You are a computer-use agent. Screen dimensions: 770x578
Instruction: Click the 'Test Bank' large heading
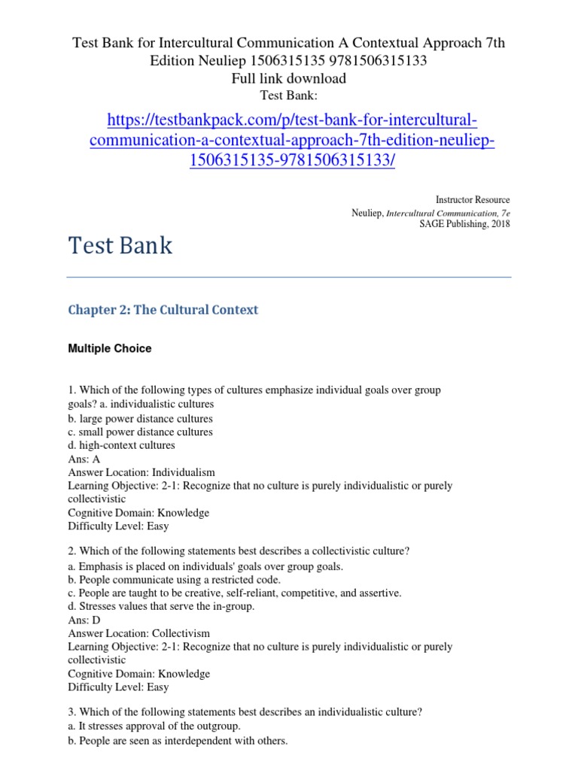point(120,246)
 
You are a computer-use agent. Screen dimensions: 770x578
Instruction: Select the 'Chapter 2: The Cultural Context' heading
point(163,310)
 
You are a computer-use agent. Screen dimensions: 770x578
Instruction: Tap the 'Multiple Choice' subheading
point(109,348)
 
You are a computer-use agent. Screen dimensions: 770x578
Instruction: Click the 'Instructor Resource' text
point(473,200)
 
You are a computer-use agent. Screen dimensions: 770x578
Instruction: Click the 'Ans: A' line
point(84,459)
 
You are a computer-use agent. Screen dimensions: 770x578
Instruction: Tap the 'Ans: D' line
point(84,620)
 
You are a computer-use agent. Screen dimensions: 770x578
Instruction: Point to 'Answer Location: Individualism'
point(141,472)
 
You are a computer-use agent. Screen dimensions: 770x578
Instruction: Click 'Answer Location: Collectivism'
point(139,633)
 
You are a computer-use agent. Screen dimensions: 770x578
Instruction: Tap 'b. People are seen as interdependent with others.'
point(178,741)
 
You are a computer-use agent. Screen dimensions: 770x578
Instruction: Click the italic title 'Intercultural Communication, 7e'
point(448,213)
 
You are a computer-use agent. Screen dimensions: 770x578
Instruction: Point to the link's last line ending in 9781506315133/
point(292,161)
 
